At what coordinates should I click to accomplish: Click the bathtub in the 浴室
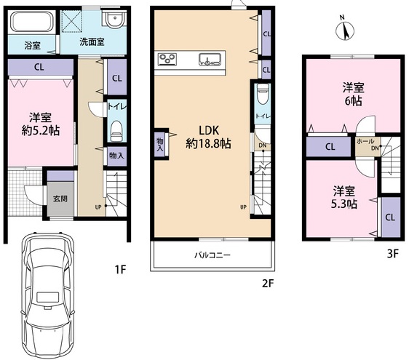click(31, 22)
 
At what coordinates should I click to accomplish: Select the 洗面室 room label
click(92, 41)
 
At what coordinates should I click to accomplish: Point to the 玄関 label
click(60, 199)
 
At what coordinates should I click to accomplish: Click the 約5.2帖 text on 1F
click(41, 130)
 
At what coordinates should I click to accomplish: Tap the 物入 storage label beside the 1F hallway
click(116, 156)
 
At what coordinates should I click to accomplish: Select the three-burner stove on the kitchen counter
click(167, 59)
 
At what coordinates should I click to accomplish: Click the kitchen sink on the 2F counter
click(210, 59)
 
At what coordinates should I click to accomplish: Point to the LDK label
click(209, 130)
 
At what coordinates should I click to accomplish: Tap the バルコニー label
click(213, 255)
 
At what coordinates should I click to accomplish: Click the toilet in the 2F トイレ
click(263, 95)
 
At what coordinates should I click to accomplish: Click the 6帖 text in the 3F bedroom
click(354, 100)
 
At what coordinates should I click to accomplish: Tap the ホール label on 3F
click(365, 142)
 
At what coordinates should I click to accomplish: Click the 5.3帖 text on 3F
click(344, 204)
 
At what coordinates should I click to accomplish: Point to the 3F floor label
click(393, 253)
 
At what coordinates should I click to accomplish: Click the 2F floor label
click(269, 283)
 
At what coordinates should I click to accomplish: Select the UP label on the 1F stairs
click(98, 207)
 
